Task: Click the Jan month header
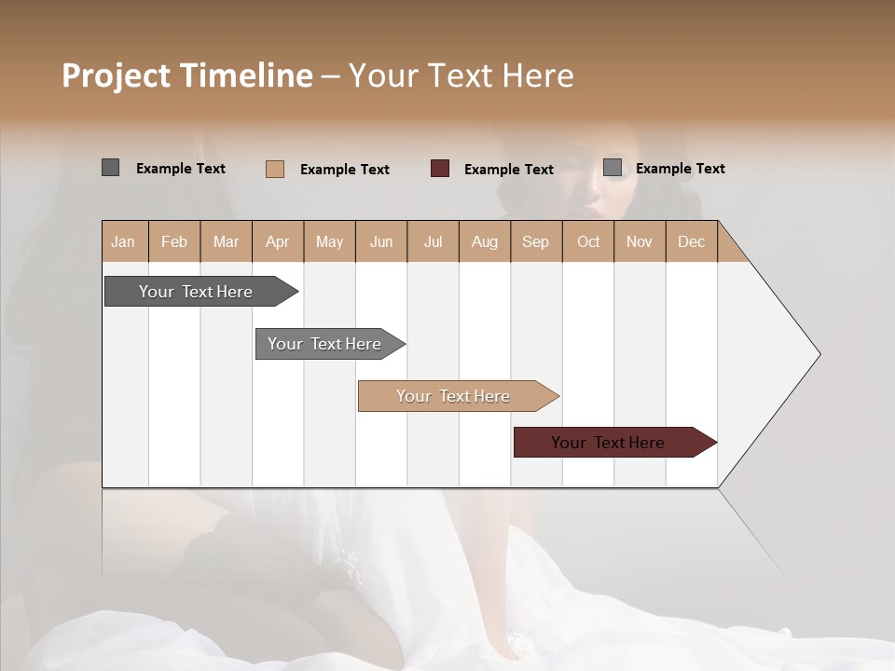(x=123, y=241)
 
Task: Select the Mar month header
(x=226, y=241)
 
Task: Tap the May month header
(x=329, y=241)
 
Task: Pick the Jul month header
(x=433, y=241)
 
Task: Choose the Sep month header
(x=535, y=241)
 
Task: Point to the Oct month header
(x=588, y=241)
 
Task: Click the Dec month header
(x=691, y=241)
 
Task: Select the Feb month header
(x=174, y=241)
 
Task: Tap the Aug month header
(x=484, y=241)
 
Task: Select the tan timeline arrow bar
(x=454, y=396)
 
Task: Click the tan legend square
(x=275, y=169)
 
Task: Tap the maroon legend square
(x=440, y=169)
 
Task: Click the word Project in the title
(x=116, y=75)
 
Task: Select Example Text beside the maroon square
(x=508, y=170)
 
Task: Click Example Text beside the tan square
(x=344, y=170)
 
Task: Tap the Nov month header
(x=640, y=241)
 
